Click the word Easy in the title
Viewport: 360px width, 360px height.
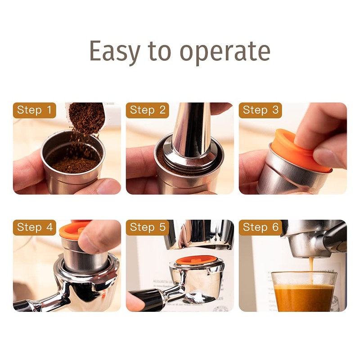(114, 51)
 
